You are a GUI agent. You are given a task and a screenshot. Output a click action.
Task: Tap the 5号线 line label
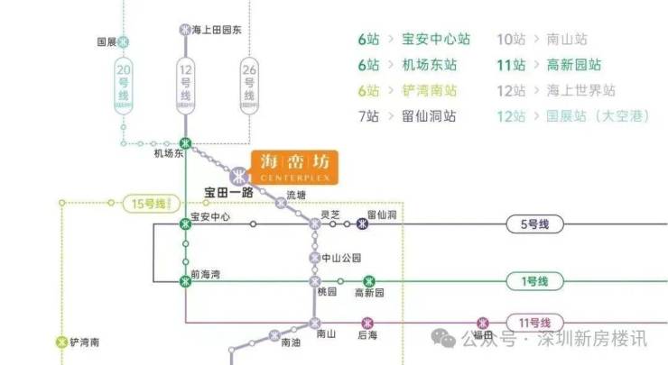[x=531, y=224]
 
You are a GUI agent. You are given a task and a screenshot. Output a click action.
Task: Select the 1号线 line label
[x=531, y=281]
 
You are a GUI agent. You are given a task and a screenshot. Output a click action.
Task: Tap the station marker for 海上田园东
[x=185, y=29]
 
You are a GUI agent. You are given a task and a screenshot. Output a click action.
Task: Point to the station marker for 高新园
[x=368, y=281]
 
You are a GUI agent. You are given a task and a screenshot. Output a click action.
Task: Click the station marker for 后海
[x=366, y=322]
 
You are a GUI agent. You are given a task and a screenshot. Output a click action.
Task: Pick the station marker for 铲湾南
[x=61, y=342]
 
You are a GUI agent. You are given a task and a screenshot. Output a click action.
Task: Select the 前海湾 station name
[x=206, y=274]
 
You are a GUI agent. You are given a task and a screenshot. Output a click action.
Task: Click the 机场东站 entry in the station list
[x=430, y=65]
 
